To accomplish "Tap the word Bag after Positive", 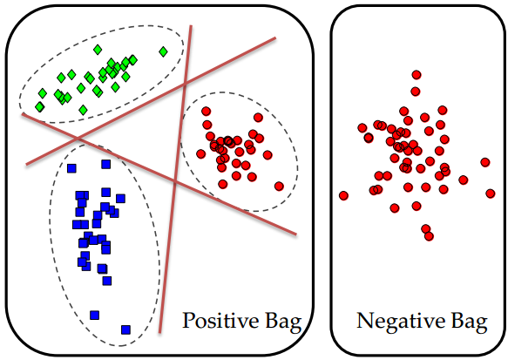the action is (283, 323).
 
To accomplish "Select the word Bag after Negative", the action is (469, 323).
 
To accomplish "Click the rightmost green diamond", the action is (163, 51).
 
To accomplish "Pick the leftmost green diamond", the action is (39, 107).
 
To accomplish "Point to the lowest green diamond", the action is (84, 110).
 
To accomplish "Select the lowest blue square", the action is (126, 329).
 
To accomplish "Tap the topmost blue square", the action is (106, 164).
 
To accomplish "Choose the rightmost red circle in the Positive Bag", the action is (280, 187).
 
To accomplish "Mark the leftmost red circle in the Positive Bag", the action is (201, 154).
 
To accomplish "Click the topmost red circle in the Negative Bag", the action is (417, 75).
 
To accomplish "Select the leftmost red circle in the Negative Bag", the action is (343, 196).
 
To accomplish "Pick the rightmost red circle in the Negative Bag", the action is (491, 194).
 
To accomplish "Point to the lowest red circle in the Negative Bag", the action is (429, 236).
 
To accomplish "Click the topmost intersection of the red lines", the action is (185, 84).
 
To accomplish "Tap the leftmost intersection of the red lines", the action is (78, 139).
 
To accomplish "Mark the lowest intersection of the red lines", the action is (175, 182).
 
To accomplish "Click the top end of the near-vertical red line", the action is (191, 25).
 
